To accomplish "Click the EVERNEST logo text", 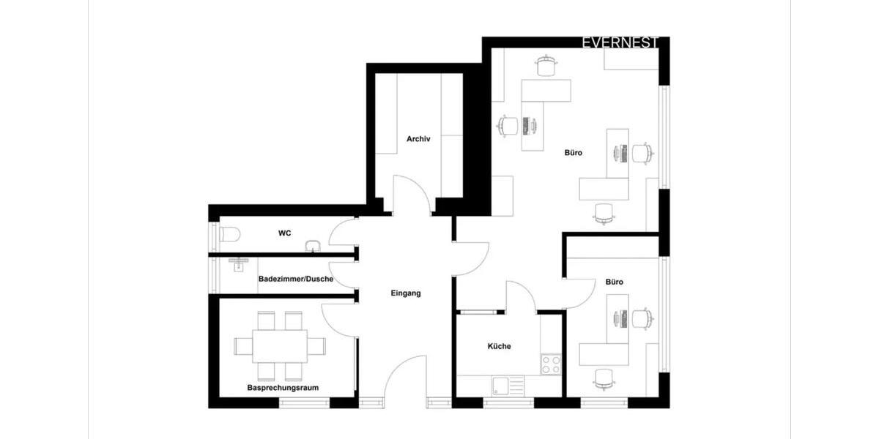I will click(620, 43).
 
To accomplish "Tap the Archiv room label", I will click(418, 138).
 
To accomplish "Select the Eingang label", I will click(405, 293).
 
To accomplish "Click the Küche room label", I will click(499, 346).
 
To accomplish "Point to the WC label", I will click(284, 233).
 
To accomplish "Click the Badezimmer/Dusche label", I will click(296, 279).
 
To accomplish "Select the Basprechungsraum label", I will click(282, 387).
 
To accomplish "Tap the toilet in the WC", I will click(229, 235).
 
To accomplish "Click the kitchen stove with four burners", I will click(551, 364).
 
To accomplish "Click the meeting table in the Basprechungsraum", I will click(280, 345).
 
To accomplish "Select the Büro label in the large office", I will click(573, 153).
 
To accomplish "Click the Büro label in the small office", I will click(614, 282).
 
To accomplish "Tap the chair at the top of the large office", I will click(546, 66).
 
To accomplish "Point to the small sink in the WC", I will click(314, 245).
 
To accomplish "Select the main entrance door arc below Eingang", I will click(404, 377).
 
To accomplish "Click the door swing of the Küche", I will click(522, 296).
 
